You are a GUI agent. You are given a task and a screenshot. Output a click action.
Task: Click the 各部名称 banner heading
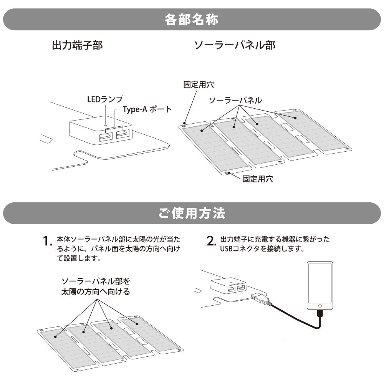192,20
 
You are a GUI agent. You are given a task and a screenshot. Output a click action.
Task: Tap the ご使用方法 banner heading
192,213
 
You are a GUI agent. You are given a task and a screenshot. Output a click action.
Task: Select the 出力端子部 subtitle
77,46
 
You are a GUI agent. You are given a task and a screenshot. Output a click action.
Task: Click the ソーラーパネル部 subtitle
235,46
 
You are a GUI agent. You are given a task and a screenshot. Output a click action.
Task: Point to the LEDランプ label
105,100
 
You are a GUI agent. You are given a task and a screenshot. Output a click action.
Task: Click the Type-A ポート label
147,109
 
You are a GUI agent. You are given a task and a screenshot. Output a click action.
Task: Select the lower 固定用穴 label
258,179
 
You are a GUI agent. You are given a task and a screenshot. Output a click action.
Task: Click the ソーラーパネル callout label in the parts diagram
235,100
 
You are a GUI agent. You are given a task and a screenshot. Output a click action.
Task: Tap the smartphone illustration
320,286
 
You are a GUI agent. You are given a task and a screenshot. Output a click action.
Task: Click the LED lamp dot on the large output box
106,124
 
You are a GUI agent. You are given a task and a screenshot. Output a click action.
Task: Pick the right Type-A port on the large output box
122,134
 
